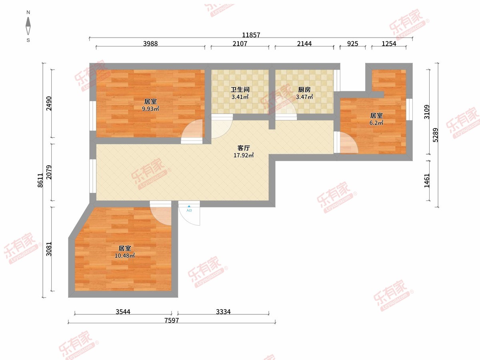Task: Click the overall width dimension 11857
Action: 251,35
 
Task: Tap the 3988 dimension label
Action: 150,44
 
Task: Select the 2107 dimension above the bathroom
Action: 240,44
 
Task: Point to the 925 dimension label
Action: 353,44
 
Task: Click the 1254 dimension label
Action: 389,44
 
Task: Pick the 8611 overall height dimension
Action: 40,180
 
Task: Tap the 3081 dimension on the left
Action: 49,249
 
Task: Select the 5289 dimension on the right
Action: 436,135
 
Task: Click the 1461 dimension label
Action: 427,180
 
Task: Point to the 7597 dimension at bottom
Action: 172,320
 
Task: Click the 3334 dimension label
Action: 223,312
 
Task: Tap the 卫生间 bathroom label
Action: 240,90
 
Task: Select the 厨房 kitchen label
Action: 304,90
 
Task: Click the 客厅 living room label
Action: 244,148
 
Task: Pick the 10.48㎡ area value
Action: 125,256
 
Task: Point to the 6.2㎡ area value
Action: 376,123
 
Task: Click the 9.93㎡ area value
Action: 150,109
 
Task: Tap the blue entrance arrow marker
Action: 189,206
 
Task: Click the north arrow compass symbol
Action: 28,26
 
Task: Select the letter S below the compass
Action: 28,40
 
